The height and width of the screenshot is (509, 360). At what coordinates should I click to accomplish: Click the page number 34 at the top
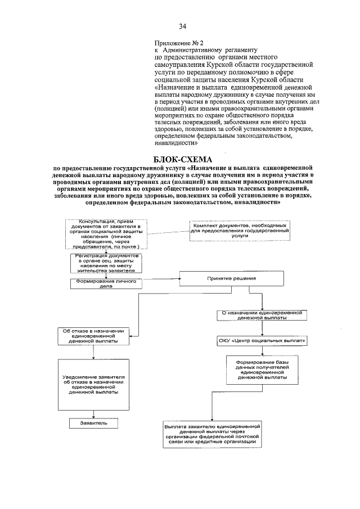[x=182, y=26]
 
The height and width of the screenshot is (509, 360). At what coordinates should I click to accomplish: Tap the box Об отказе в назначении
[x=94, y=336]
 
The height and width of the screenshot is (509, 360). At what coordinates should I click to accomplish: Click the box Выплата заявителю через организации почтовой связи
[x=213, y=435]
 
